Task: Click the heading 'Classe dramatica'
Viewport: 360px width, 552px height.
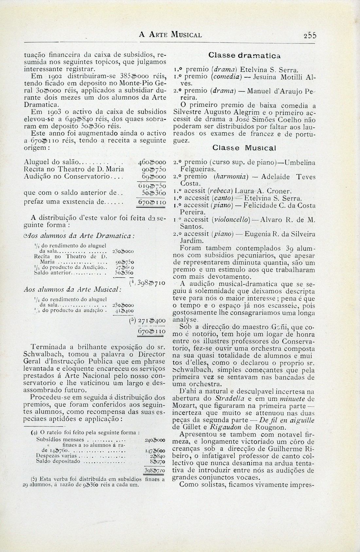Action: (244, 56)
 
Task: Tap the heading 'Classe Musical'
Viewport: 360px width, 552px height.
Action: (244, 148)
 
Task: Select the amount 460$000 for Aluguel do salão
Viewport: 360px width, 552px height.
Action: (153, 162)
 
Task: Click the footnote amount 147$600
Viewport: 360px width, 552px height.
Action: (154, 451)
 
